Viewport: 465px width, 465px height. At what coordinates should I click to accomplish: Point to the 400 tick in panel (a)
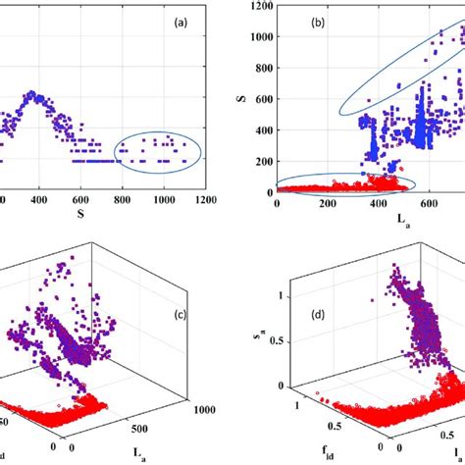tap(38, 199)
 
